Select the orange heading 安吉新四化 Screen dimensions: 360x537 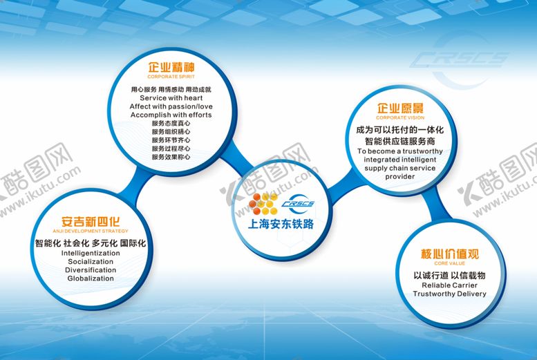pyautogui.click(x=91, y=222)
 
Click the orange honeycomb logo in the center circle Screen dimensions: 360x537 pyautogui.click(x=263, y=205)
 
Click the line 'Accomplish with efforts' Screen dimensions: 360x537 pyautogui.click(x=171, y=114)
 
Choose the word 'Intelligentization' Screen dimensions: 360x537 pyautogui.click(x=91, y=253)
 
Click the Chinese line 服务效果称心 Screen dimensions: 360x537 pyautogui.click(x=171, y=157)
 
